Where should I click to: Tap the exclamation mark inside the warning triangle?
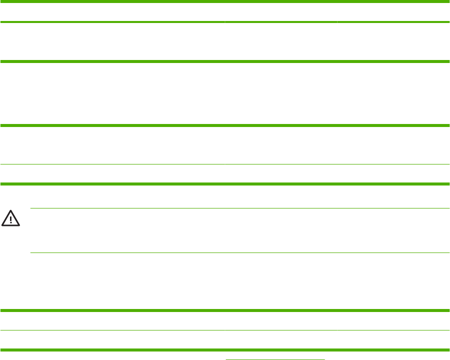pos(11,219)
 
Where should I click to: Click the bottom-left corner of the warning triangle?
pos(2,225)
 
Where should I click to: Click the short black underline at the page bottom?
pos(275,358)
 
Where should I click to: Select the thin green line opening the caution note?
pos(240,208)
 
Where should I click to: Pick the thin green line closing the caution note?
pos(240,252)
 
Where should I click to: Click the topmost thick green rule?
pos(225,1)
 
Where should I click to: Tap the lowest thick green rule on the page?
pos(225,348)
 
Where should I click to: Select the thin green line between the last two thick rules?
pos(225,330)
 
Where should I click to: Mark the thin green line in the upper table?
pos(225,164)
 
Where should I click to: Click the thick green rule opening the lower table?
pos(225,311)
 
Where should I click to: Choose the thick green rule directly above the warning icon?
pos(225,184)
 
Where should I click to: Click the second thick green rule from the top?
pos(225,22)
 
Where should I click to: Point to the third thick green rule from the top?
pos(225,61)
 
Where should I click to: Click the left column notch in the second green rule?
pos(225,22)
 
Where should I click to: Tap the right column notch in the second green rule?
pos(337,22)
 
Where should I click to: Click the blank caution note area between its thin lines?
pos(240,230)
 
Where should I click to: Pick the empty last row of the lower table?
pos(225,339)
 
